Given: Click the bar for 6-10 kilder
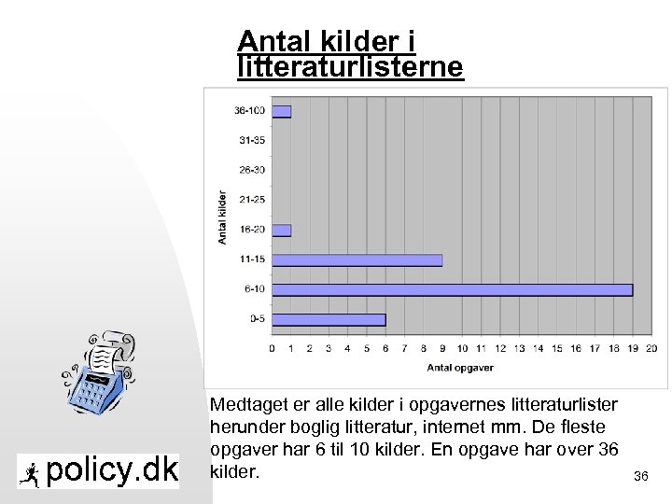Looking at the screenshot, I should click(452, 289).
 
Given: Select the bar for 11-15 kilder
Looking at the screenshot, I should click(357, 259).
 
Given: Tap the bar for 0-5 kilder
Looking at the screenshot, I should click(328, 319).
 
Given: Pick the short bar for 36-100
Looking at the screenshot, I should click(281, 112).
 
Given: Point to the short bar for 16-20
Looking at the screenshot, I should click(281, 231).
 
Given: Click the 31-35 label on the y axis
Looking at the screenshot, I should click(251, 141).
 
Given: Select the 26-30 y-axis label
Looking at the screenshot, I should click(251, 171).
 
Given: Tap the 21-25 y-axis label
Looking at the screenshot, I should click(251, 201).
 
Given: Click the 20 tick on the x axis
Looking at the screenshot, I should click(651, 349).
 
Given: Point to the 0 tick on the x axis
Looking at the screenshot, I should click(272, 349).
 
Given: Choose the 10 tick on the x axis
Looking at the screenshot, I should click(461, 349).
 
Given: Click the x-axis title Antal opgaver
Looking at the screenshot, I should click(461, 368).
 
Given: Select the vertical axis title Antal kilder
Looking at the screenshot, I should click(222, 216).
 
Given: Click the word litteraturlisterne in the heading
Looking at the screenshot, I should click(350, 68).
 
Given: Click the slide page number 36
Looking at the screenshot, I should click(640, 477).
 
